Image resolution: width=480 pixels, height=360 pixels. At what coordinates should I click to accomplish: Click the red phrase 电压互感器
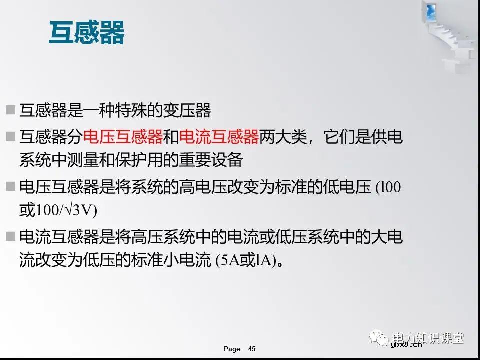[123, 136]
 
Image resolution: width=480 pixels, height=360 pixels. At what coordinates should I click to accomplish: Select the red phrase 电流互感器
[218, 136]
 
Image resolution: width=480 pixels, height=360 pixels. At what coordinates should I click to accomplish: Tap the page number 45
[252, 349]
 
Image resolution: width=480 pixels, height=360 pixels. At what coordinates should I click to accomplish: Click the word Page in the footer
[232, 349]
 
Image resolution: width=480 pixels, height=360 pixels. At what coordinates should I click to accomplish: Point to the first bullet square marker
[10, 110]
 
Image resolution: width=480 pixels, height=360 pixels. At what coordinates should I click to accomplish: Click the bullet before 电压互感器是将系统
[10, 187]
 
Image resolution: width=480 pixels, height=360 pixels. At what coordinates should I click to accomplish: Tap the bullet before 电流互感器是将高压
[10, 237]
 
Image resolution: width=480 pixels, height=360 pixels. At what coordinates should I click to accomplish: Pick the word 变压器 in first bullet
[195, 110]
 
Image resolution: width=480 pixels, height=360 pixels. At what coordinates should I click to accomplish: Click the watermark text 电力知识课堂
[428, 338]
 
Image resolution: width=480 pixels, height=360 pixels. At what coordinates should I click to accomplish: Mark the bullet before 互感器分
[10, 136]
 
